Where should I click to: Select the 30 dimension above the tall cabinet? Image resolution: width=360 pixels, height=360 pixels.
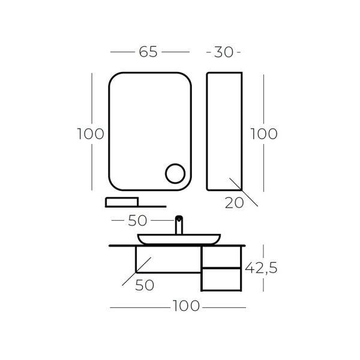tap(223, 52)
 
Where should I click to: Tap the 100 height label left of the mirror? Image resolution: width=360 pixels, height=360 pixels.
tap(91, 133)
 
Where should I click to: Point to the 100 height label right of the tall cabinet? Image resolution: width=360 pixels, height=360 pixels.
tap(263, 133)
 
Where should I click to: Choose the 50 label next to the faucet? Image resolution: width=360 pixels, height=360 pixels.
tap(142, 220)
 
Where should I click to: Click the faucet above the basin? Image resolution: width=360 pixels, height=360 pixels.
tap(179, 225)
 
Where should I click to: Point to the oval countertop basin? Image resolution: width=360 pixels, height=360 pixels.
tap(178, 239)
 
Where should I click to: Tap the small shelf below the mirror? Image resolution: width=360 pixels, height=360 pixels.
tap(122, 202)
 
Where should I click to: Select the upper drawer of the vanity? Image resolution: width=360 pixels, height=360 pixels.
tap(221, 257)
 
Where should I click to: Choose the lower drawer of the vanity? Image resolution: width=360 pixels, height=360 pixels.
tap(221, 280)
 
